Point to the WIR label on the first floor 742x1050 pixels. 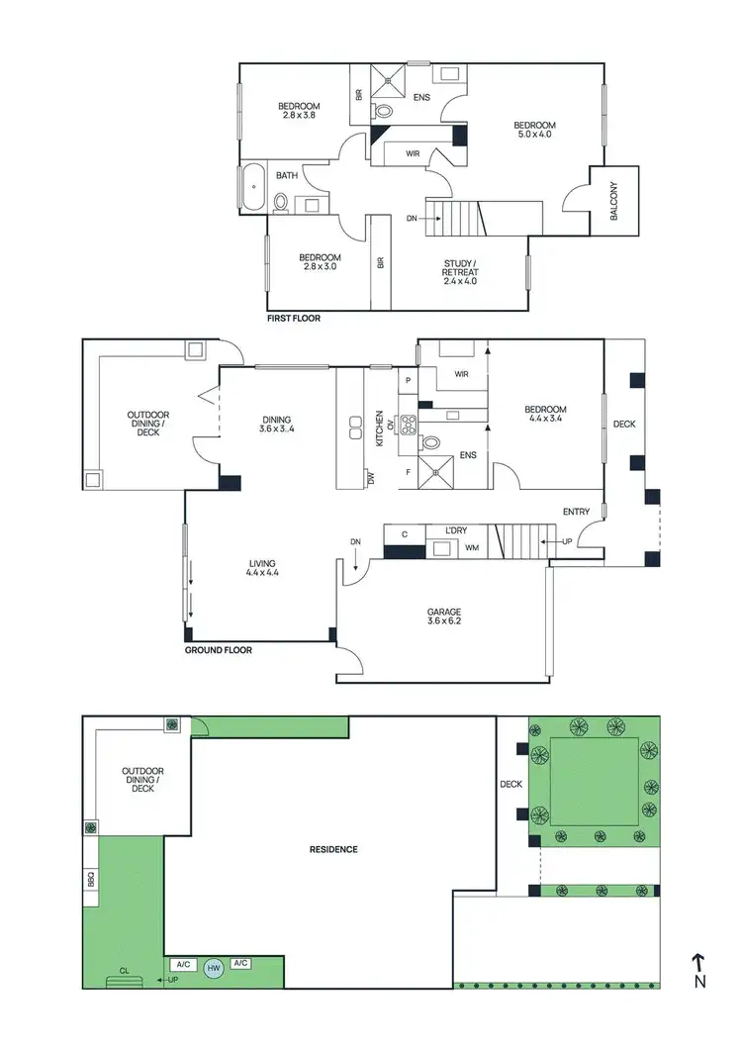point(413,153)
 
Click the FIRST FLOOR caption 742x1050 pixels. point(294,319)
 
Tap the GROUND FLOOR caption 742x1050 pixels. point(219,650)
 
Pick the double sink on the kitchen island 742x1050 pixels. point(355,428)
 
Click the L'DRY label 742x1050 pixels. point(455,531)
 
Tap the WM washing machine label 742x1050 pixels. point(474,547)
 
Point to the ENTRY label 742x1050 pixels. point(576,512)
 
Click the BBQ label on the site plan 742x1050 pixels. point(90,878)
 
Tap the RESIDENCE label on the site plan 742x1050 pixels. point(333,849)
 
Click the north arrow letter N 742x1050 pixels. point(699,982)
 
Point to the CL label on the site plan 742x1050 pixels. point(124,971)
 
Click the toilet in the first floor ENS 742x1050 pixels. point(386,112)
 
